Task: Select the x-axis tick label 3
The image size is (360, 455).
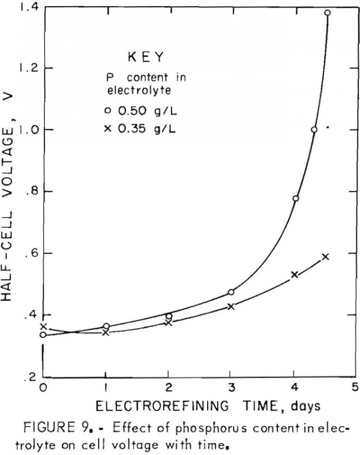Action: (x=231, y=387)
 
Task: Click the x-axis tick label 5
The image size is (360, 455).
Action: (x=355, y=387)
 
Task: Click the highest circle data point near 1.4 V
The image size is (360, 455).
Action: (x=328, y=13)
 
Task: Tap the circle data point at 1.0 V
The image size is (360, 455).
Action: (x=314, y=130)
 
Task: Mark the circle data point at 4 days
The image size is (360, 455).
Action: (x=296, y=198)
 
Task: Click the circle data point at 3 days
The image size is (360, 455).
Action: (x=231, y=292)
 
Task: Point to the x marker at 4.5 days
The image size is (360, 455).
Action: (x=325, y=257)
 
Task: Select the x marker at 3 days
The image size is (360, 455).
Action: (x=231, y=306)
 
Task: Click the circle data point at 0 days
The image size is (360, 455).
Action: (x=43, y=335)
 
